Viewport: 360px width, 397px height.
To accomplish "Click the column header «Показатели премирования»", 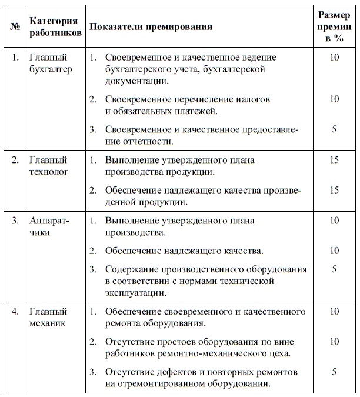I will [x=151, y=27].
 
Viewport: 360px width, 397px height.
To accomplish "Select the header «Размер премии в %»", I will [x=334, y=27].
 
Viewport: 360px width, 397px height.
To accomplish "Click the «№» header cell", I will [x=15, y=27].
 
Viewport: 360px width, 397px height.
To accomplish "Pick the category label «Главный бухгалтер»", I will [x=50, y=64].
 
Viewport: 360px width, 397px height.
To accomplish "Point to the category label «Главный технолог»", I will [x=49, y=166].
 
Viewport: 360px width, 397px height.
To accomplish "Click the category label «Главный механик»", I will [x=49, y=317].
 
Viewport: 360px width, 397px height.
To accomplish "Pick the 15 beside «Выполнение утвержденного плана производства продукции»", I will [x=334, y=160].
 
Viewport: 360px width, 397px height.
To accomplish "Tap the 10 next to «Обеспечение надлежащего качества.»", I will [x=334, y=251].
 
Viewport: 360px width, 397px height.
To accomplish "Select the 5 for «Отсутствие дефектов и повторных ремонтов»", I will [x=334, y=372].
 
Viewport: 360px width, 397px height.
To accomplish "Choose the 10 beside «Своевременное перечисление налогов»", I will [x=334, y=99].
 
